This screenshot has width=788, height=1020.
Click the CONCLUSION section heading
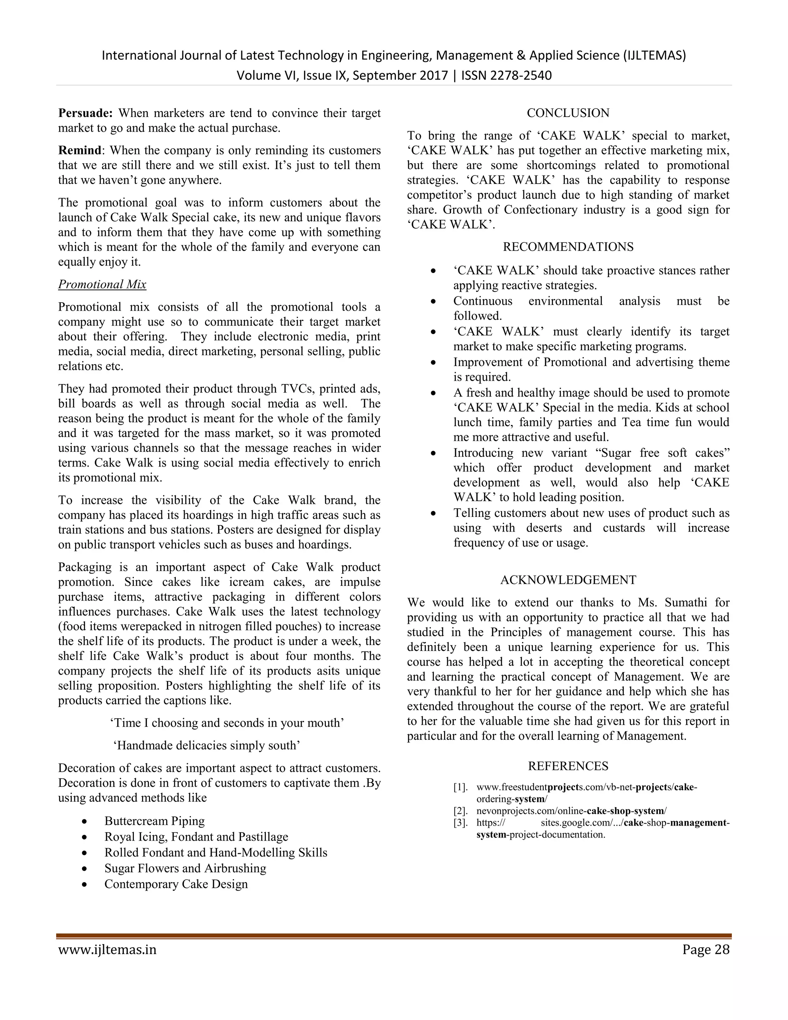(x=568, y=113)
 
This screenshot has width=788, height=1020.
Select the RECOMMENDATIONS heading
(x=568, y=247)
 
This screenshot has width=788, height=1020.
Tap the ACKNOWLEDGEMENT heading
(x=568, y=580)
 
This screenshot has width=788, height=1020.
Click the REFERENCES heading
(x=568, y=766)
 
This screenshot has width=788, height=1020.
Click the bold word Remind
(x=79, y=150)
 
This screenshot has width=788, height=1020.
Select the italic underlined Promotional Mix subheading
(x=102, y=284)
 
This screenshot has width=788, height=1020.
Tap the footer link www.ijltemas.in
(x=107, y=950)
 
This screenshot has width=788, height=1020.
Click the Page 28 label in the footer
(x=705, y=950)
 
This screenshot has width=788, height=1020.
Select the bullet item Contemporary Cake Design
(x=176, y=884)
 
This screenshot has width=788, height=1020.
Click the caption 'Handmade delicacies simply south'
(x=207, y=746)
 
